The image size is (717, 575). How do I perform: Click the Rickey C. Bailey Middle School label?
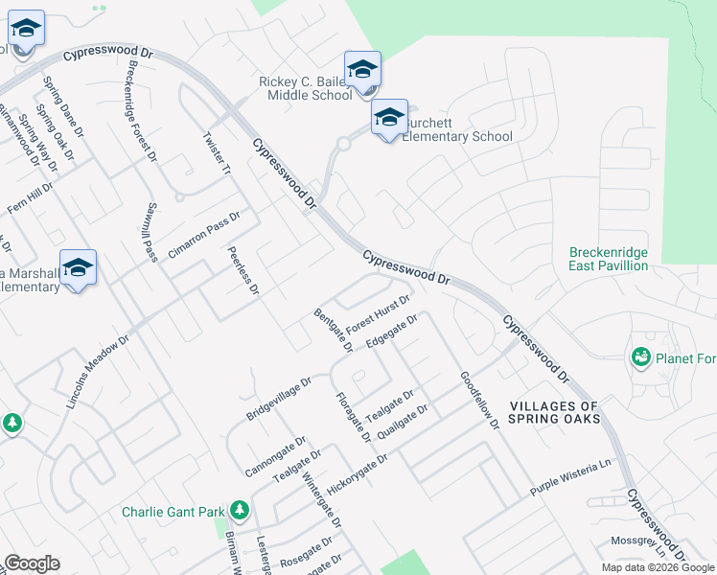coord(306,89)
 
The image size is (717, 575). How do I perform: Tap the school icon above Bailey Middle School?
coord(362,69)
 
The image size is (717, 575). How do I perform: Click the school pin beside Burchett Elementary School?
coord(389,118)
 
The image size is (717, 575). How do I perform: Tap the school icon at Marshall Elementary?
coord(79,267)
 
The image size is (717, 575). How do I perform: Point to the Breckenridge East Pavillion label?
coord(609,259)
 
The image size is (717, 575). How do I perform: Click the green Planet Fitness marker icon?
coord(640,358)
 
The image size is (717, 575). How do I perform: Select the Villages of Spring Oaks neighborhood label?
coord(554,413)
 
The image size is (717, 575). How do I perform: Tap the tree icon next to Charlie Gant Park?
coord(239,511)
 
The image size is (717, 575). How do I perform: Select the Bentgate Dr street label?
coord(329,329)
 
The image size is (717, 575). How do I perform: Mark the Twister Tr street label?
coord(218,153)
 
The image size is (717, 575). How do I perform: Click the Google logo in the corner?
coord(32,563)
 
